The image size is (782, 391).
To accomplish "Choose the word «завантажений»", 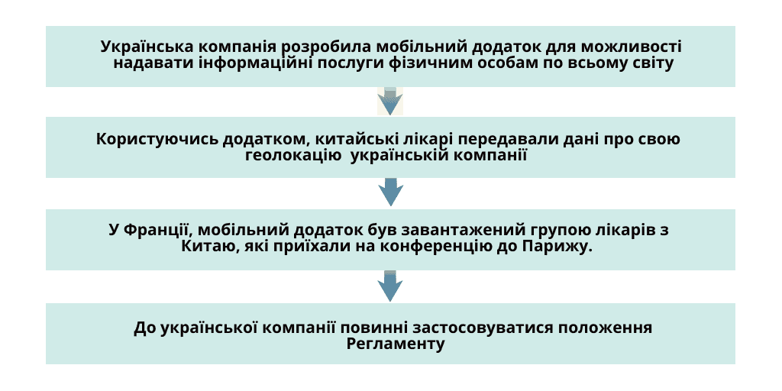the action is pyautogui.click(x=461, y=230).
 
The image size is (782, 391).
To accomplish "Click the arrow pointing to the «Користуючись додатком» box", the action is pyautogui.click(x=390, y=102).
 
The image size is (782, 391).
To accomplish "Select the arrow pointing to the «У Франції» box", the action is pyautogui.click(x=390, y=192).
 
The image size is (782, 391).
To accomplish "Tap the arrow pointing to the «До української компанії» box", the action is pyautogui.click(x=390, y=286).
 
